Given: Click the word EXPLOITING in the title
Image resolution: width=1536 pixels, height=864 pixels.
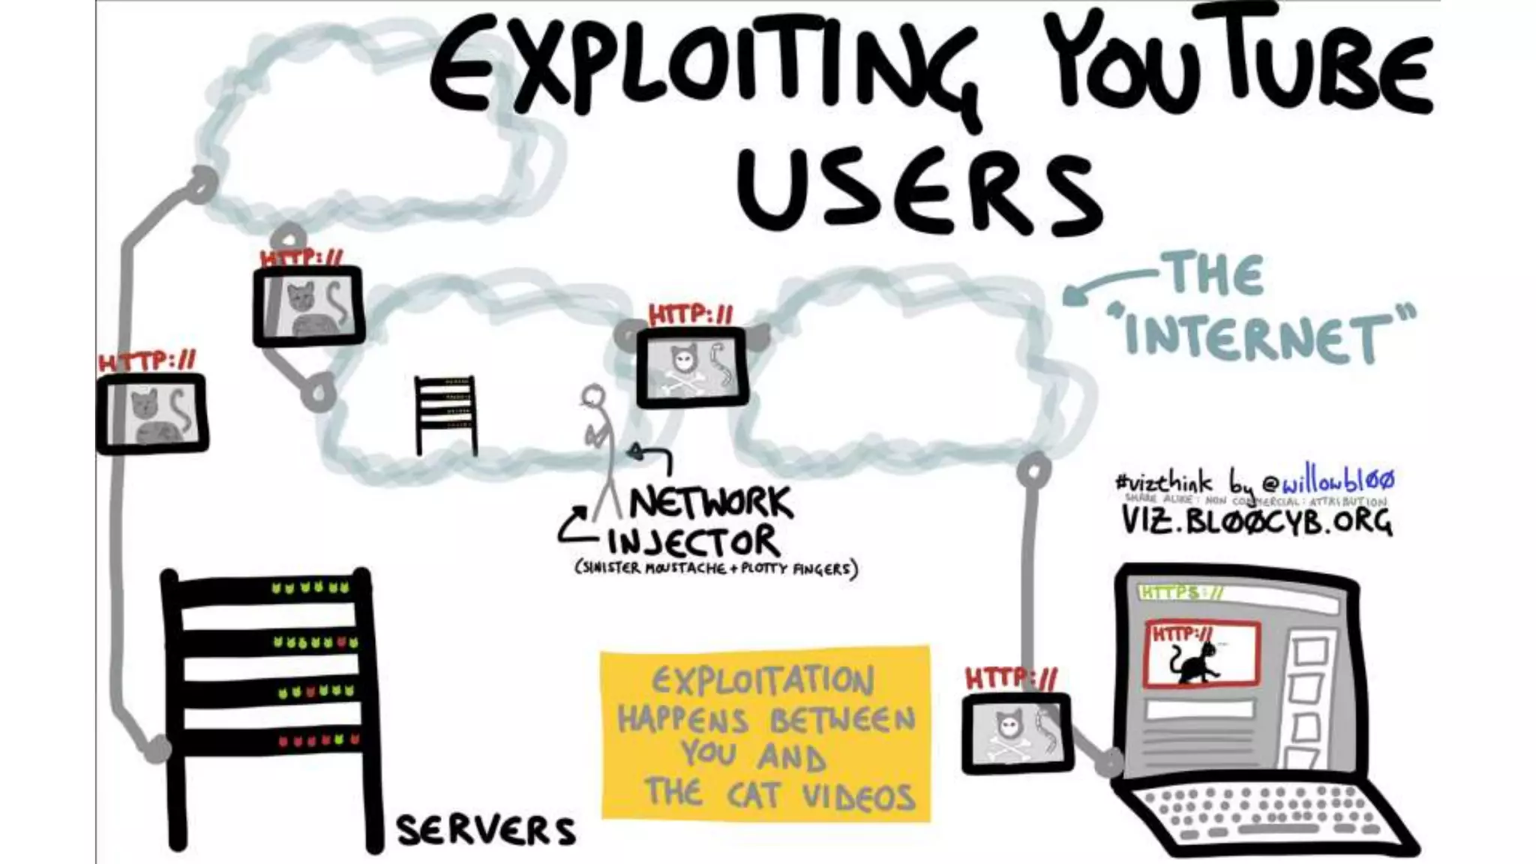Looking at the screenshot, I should pos(705,71).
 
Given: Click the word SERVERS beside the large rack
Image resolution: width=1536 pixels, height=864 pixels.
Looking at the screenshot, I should pos(486,830).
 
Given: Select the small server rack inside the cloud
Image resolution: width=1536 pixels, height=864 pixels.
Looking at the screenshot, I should pos(445,415).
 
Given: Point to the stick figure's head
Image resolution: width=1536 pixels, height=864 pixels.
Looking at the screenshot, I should pos(594,395).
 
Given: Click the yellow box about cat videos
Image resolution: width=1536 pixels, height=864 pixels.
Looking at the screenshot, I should pos(765,733).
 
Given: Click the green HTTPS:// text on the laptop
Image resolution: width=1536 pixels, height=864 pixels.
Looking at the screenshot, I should pos(1181,593).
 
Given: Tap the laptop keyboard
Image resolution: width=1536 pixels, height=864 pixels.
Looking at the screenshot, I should pos(1260,814).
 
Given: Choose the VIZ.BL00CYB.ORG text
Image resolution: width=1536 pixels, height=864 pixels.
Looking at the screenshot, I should pos(1257,520).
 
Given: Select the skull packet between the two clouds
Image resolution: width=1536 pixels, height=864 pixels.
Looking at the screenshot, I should pos(691,367).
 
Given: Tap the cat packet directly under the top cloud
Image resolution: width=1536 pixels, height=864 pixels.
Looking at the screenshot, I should pos(308,306).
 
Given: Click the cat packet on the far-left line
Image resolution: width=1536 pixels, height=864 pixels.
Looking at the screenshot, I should pos(151,413).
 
